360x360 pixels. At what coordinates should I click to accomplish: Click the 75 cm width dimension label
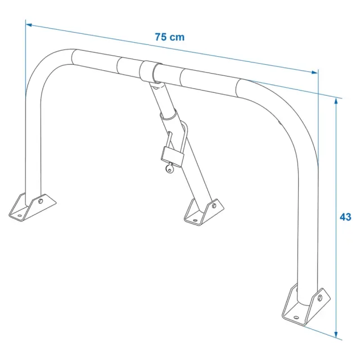(x=170, y=37)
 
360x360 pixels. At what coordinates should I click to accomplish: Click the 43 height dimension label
(x=345, y=217)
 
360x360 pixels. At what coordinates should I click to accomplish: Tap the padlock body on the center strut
(x=173, y=157)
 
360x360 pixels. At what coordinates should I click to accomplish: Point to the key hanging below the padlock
(x=170, y=168)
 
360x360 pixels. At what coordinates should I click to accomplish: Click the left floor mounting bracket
(x=33, y=207)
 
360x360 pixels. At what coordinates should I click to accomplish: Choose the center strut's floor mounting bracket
(x=204, y=212)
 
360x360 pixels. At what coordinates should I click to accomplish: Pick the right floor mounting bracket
(x=306, y=305)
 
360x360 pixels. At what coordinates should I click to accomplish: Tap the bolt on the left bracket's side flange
(x=40, y=201)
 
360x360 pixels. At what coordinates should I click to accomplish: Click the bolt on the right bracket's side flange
(x=319, y=298)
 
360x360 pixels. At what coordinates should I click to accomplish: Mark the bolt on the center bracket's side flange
(x=214, y=205)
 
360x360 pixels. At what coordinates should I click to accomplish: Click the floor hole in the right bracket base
(x=296, y=317)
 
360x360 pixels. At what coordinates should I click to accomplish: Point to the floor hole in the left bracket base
(x=20, y=216)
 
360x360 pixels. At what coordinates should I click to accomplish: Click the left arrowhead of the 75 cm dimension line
(x=29, y=25)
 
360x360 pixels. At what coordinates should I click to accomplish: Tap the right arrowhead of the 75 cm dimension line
(x=315, y=73)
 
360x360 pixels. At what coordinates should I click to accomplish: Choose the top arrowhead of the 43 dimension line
(x=336, y=101)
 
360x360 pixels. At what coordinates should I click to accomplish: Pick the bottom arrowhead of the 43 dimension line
(x=336, y=335)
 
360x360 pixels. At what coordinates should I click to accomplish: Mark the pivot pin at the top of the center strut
(x=157, y=87)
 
